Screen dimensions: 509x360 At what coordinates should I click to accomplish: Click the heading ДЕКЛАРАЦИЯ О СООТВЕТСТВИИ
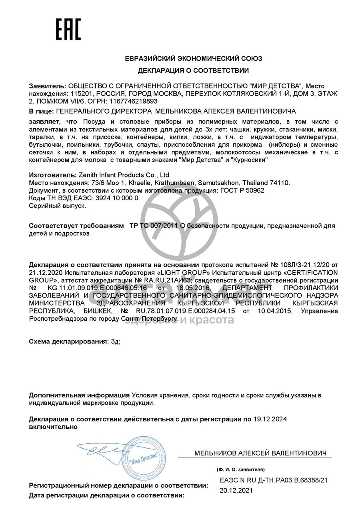(193, 71)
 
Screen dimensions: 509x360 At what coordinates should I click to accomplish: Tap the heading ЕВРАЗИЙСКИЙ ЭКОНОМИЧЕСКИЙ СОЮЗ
(193, 58)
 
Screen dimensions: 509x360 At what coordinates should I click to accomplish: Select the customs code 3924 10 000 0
(117, 198)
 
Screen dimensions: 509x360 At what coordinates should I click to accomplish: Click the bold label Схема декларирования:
(68, 341)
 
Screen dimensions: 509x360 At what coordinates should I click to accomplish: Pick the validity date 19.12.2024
(270, 419)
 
